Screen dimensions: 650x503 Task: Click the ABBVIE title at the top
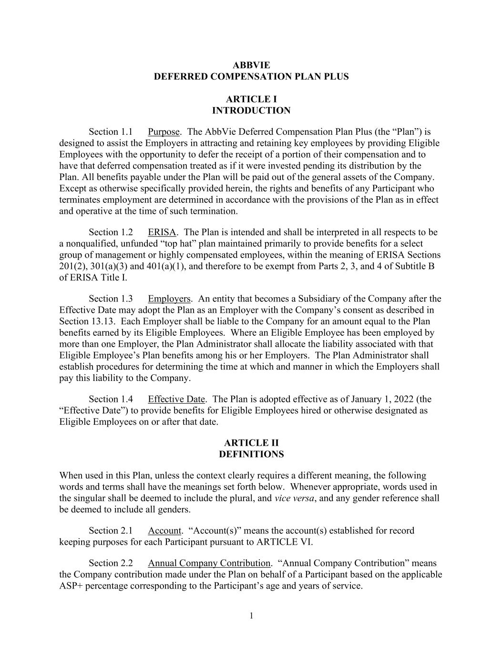(x=251, y=65)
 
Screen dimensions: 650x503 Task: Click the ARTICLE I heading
(x=251, y=99)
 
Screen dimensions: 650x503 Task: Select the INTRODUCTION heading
(x=251, y=110)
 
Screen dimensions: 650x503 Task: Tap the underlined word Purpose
(x=164, y=132)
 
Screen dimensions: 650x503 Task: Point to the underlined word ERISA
(x=162, y=232)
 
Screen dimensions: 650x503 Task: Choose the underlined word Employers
(x=169, y=299)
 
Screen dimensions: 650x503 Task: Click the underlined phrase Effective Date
(x=176, y=399)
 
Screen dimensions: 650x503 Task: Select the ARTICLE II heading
(x=251, y=443)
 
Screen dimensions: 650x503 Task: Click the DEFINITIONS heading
(x=251, y=454)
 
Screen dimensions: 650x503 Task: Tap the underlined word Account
(x=164, y=530)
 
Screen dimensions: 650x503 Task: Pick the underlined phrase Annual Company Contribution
(x=209, y=563)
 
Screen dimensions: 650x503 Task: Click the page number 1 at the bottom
(x=251, y=616)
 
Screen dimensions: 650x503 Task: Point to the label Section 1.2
(x=111, y=232)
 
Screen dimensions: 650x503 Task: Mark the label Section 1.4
(x=111, y=399)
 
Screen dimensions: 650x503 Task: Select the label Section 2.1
(x=111, y=530)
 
